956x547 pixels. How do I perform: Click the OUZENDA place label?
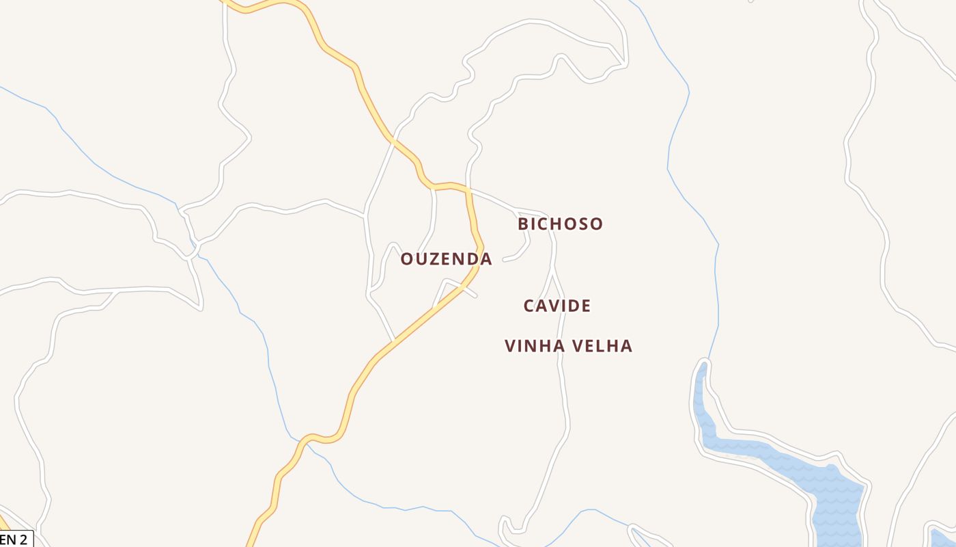click(x=446, y=259)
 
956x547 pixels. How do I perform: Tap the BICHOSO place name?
click(x=560, y=224)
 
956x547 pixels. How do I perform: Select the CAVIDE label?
click(x=557, y=306)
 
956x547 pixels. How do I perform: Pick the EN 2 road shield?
click(x=14, y=539)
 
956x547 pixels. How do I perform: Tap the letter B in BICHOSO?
click(x=524, y=224)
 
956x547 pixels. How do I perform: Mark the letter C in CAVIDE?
click(x=529, y=306)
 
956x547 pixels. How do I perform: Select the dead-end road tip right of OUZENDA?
click(x=505, y=260)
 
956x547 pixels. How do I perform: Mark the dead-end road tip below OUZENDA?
click(x=475, y=295)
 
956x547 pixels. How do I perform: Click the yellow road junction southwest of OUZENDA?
click(x=394, y=340)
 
